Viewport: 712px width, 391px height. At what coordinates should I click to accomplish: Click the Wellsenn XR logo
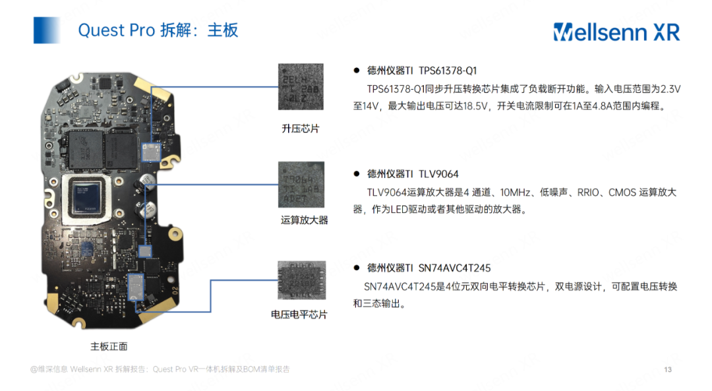(x=616, y=31)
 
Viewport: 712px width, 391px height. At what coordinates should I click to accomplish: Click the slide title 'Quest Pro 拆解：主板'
(x=158, y=30)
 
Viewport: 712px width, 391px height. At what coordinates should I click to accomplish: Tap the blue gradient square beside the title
(x=47, y=30)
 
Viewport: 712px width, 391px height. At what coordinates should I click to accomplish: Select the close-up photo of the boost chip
(x=301, y=87)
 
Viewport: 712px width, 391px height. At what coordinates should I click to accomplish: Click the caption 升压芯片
(x=301, y=129)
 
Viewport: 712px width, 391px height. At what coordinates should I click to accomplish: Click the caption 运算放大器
(x=304, y=220)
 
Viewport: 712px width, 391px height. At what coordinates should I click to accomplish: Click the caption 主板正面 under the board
(x=109, y=346)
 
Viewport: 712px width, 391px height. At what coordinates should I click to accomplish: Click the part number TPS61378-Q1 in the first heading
(x=448, y=71)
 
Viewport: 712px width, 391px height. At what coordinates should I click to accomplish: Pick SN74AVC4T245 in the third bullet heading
(x=455, y=268)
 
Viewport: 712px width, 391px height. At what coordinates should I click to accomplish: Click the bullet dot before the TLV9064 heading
(x=356, y=174)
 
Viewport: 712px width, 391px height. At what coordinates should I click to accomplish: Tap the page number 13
(x=668, y=369)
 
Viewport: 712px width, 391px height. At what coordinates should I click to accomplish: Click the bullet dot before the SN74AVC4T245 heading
(x=356, y=268)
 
